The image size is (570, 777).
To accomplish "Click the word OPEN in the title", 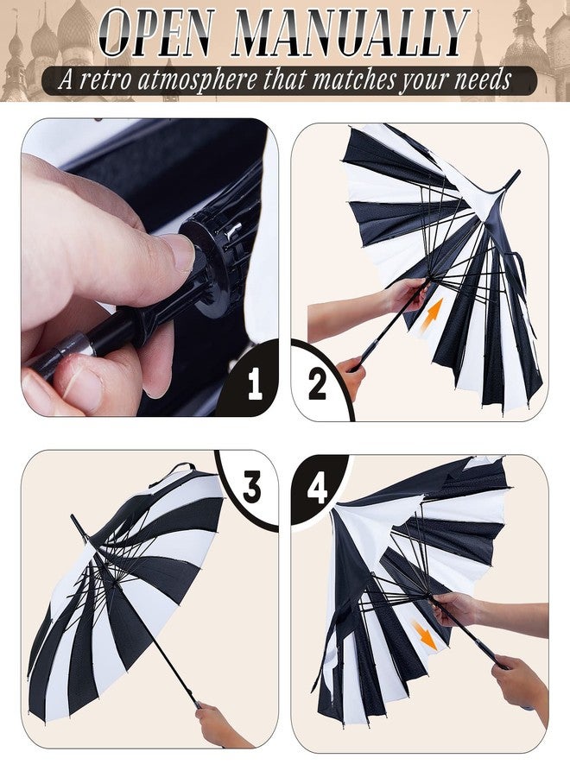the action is tap(157, 32).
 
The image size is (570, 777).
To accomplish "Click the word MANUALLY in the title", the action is tap(351, 32).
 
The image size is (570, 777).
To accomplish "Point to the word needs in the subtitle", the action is tap(483, 81).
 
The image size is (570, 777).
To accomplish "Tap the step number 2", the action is tap(317, 384).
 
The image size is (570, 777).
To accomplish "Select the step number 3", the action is tap(252, 487).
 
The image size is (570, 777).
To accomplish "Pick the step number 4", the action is tap(317, 489).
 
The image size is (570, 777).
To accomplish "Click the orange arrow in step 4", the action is tap(425, 635).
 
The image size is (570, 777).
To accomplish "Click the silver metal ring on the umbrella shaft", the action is tap(75, 346).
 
